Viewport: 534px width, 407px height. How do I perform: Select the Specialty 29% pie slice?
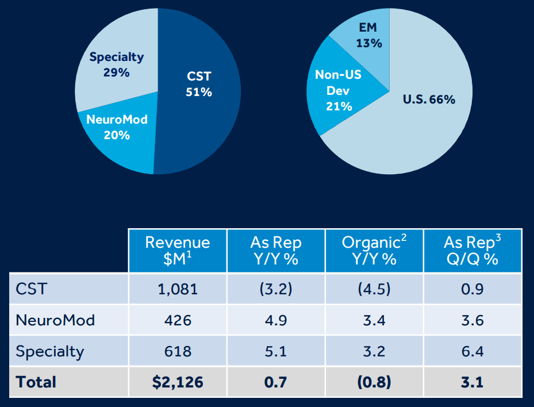117,64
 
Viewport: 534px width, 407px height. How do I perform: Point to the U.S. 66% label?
429,99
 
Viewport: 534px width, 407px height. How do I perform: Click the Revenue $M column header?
178,250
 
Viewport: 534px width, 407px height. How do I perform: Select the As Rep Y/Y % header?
276,250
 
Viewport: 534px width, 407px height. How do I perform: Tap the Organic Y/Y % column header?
374,250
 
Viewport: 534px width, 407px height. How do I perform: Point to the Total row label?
36,382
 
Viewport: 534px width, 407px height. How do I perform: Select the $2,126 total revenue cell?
178,382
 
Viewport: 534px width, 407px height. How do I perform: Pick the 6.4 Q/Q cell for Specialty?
472,351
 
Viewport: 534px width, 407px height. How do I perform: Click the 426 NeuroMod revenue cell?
178,320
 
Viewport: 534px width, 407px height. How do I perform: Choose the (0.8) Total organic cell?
374,382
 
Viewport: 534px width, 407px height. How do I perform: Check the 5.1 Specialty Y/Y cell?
276,351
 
